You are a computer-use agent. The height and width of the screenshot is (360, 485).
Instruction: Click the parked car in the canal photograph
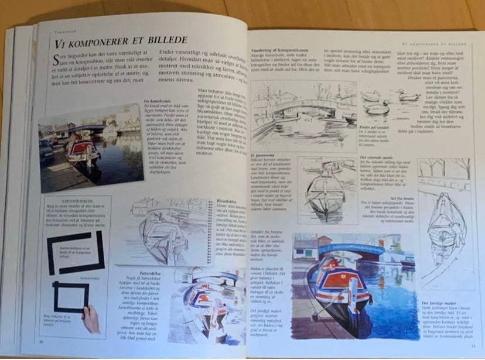coord(46,149)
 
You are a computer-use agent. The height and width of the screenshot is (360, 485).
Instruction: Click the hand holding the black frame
coord(90,317)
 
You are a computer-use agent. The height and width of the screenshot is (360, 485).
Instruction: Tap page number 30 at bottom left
coord(41,341)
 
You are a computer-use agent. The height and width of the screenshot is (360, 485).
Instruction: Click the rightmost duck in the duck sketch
coord(407,95)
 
